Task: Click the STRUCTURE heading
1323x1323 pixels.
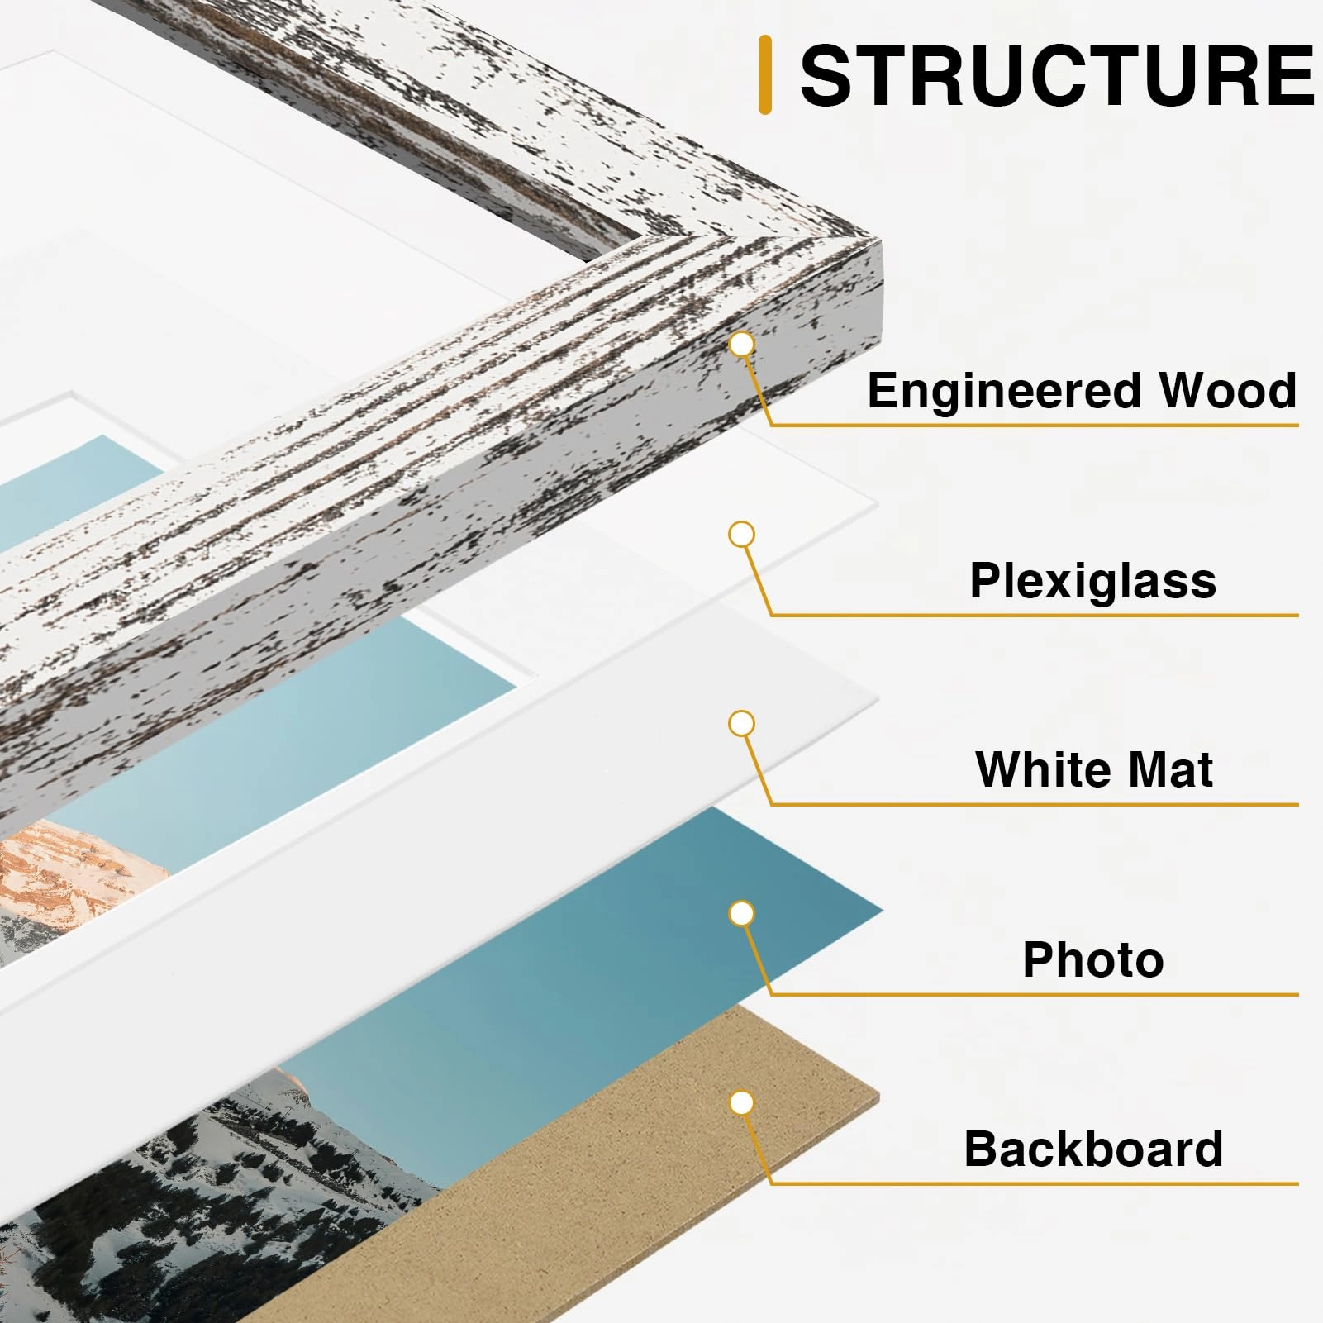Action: pos(1056,76)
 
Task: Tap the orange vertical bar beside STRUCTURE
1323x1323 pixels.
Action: pos(764,74)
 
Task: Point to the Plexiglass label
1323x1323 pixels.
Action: pos(1092,580)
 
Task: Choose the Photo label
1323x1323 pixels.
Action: pos(1092,959)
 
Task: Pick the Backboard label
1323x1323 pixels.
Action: pos(1092,1149)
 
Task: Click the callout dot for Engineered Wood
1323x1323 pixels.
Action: pos(742,345)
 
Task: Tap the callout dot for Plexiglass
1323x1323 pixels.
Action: pos(742,535)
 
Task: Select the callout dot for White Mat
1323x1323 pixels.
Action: pos(742,724)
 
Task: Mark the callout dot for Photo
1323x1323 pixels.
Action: pos(742,913)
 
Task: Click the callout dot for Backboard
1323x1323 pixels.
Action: pos(742,1102)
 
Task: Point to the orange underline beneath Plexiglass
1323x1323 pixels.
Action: pos(1033,615)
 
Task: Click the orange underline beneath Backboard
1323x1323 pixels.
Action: pos(1033,1183)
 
